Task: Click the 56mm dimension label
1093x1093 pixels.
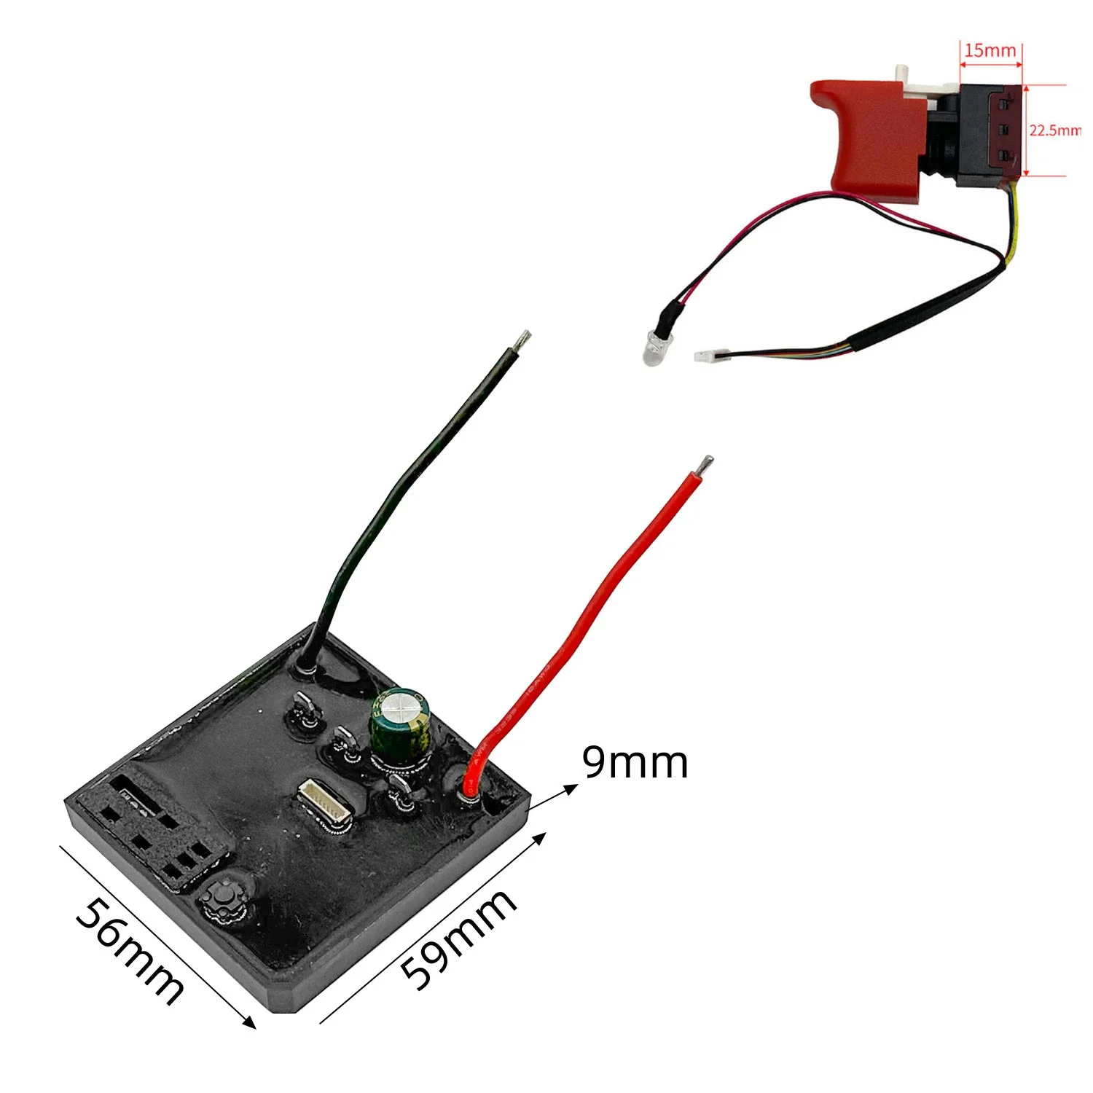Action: coord(130,952)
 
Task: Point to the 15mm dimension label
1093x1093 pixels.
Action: coord(990,50)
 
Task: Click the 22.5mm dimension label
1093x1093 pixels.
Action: coord(1055,130)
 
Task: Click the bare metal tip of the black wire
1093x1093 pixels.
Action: coord(523,340)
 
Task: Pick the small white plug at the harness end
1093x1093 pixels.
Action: coord(704,356)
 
